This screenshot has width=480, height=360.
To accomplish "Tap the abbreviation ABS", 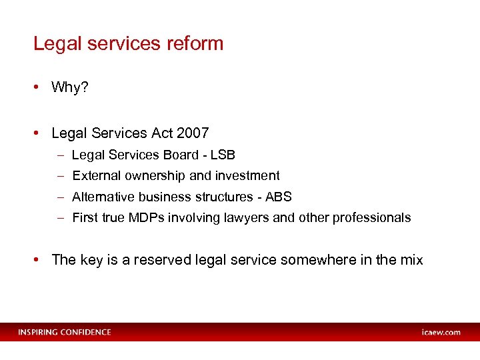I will click(278, 197).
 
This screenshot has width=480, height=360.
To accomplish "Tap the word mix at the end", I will click(411, 260).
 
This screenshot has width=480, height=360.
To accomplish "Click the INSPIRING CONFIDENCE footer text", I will click(65, 332).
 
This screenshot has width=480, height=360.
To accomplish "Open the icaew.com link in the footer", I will click(441, 332).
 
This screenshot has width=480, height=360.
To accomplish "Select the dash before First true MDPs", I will click(60, 217).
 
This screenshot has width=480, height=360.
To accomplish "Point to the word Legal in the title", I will click(54, 44).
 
